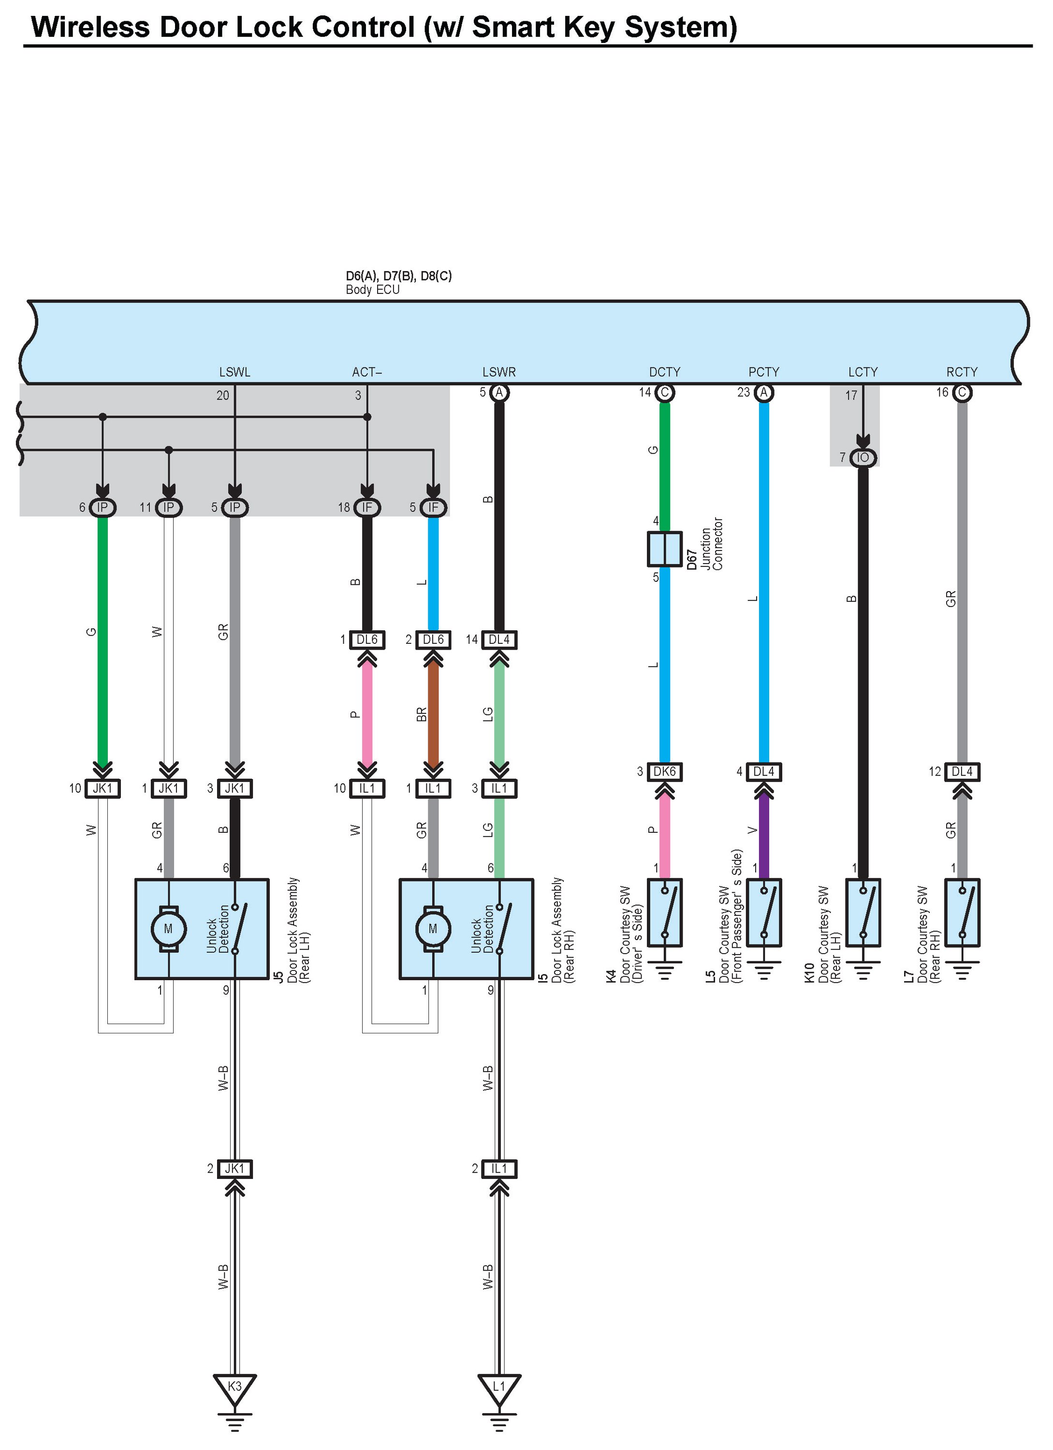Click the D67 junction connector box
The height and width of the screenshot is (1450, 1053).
[664, 549]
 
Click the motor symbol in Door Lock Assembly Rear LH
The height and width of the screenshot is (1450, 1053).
[168, 928]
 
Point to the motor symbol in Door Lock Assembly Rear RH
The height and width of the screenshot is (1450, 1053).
[433, 928]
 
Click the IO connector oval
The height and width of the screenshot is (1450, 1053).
[863, 458]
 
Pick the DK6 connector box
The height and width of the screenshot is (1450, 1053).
[664, 772]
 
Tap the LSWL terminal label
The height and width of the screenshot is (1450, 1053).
[234, 372]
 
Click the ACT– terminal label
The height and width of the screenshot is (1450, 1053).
[367, 372]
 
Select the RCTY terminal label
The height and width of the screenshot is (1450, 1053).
[962, 372]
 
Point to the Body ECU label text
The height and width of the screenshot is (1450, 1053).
[373, 290]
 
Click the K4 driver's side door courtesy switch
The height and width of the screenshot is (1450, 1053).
[664, 913]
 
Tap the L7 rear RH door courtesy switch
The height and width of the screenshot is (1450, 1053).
[962, 913]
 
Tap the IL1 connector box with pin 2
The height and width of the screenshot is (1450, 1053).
[498, 1169]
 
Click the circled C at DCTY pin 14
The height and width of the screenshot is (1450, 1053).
[664, 392]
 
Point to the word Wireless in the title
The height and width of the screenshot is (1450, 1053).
[90, 28]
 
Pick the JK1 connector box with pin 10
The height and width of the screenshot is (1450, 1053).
[102, 788]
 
